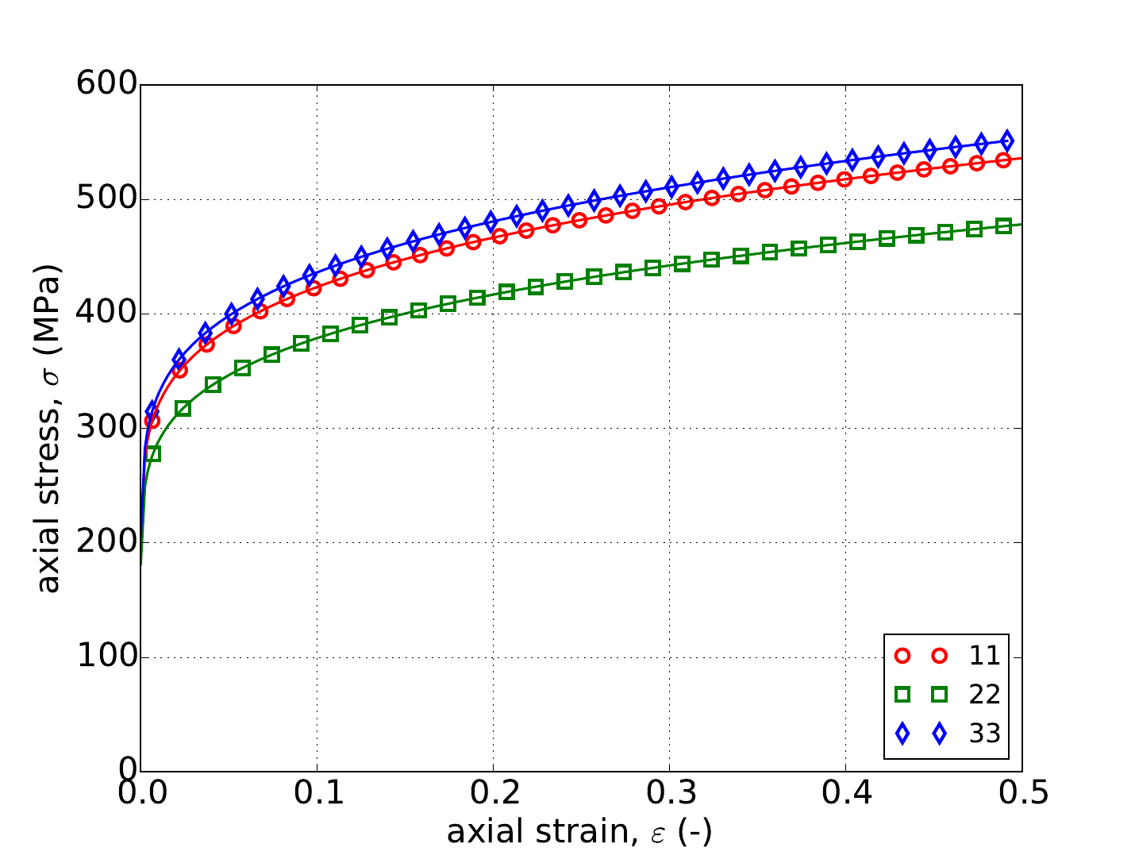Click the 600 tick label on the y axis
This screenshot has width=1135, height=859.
(x=106, y=85)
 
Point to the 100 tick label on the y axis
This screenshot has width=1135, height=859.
(x=106, y=657)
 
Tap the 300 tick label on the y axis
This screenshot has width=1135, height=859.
(x=106, y=429)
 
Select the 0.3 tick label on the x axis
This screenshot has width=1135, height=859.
(x=669, y=793)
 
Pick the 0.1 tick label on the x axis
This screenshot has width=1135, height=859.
(x=317, y=793)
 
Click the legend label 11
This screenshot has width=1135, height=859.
(x=984, y=656)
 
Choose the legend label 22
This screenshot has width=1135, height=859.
(x=984, y=695)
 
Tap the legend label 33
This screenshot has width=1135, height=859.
(x=984, y=734)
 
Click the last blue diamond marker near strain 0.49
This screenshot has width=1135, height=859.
(x=1007, y=141)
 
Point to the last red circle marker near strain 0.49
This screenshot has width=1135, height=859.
(x=1003, y=160)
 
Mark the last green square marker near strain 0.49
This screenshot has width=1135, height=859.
(x=1003, y=225)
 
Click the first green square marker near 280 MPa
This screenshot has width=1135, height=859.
(x=153, y=453)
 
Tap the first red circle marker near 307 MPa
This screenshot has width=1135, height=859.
(x=152, y=420)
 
